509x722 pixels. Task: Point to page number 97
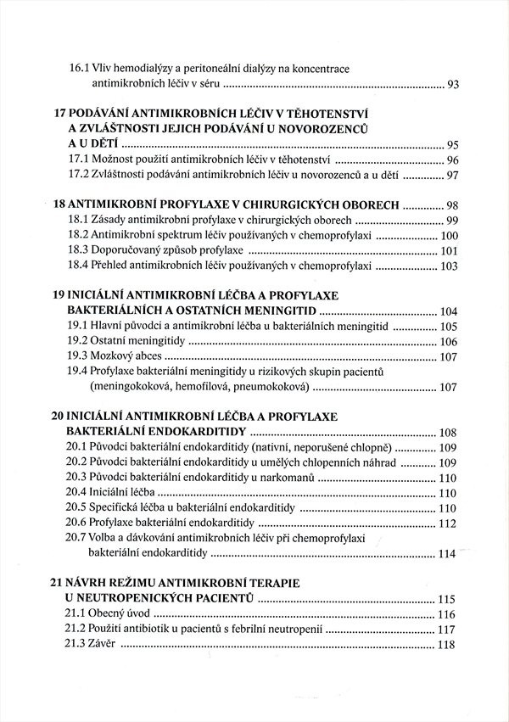(x=452, y=176)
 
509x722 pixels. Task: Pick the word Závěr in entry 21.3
(x=123, y=645)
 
